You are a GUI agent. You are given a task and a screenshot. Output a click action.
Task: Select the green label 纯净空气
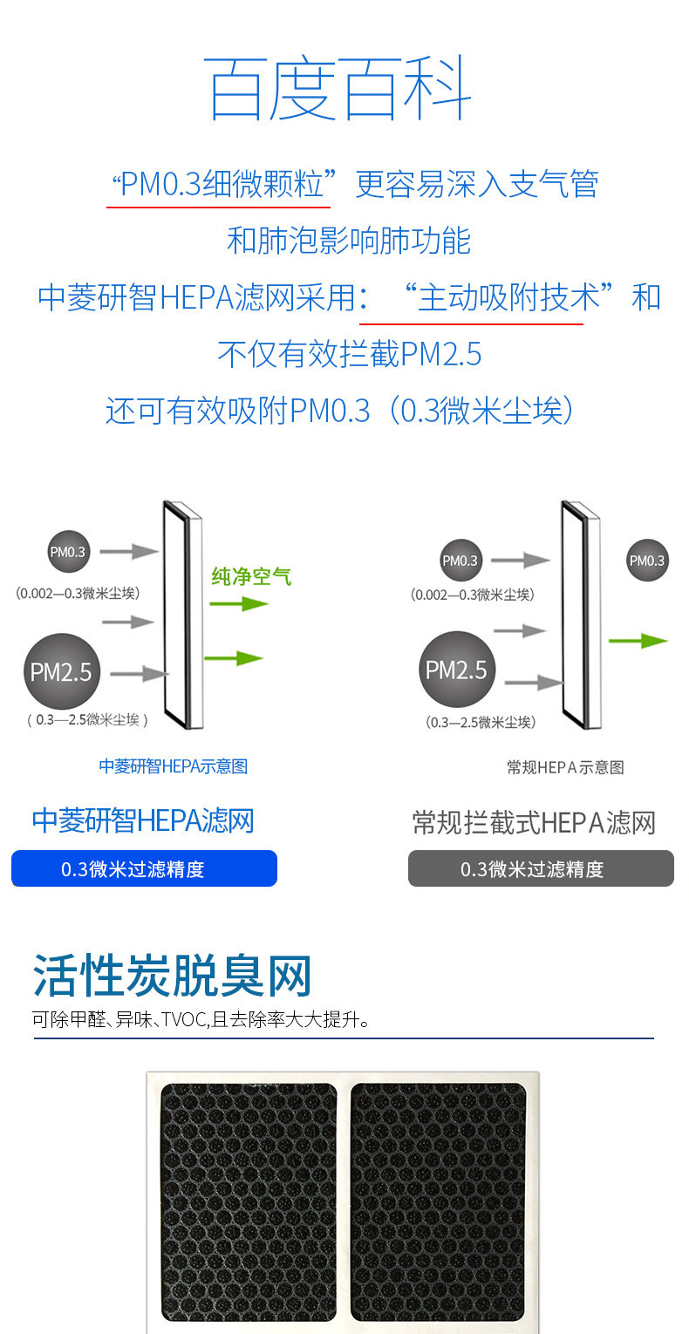coord(251,576)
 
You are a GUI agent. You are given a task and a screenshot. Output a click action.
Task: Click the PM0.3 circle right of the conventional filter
coord(647,561)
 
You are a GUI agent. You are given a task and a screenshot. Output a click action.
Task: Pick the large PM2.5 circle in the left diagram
coord(60,671)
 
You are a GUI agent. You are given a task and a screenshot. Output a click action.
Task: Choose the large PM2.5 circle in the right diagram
coord(456,670)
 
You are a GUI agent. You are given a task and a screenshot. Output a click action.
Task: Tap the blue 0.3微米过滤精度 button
coord(144,868)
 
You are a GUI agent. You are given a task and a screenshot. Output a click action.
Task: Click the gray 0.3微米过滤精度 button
coord(541,868)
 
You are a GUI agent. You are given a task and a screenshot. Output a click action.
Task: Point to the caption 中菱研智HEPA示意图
coord(173,766)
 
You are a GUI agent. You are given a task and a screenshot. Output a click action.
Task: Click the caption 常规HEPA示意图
coord(565,767)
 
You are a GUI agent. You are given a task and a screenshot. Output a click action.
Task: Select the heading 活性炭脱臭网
coord(172,976)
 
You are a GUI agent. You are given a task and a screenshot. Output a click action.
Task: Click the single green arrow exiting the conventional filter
coord(638,641)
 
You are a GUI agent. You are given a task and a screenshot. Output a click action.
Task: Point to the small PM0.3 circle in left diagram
coord(68,552)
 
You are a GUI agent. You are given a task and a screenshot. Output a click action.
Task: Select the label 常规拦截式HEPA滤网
coord(533,822)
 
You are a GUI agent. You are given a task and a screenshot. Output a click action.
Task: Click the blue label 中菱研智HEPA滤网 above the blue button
coord(143,820)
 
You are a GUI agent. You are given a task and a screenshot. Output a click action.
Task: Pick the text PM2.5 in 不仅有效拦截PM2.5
coord(440,354)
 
